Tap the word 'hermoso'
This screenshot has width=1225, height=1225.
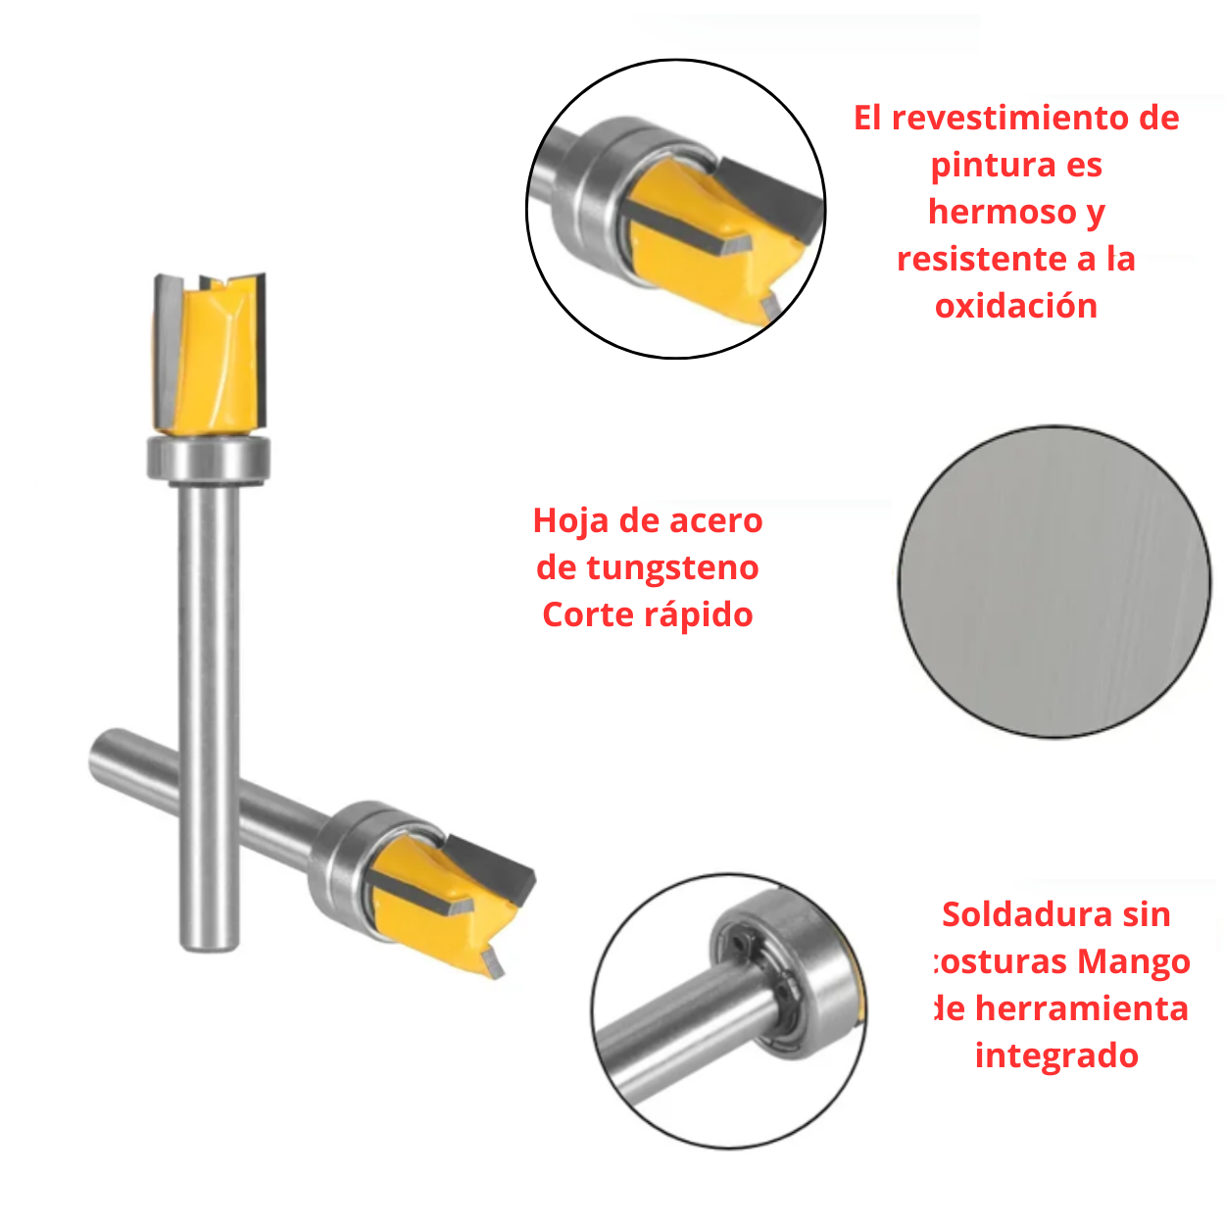1002,212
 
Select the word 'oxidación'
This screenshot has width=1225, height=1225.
1016,306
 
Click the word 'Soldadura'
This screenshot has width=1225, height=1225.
1028,914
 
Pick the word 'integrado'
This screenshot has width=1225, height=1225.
1056,1055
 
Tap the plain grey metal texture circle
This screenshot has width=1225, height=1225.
1054,581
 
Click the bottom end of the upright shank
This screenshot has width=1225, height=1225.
209,936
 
